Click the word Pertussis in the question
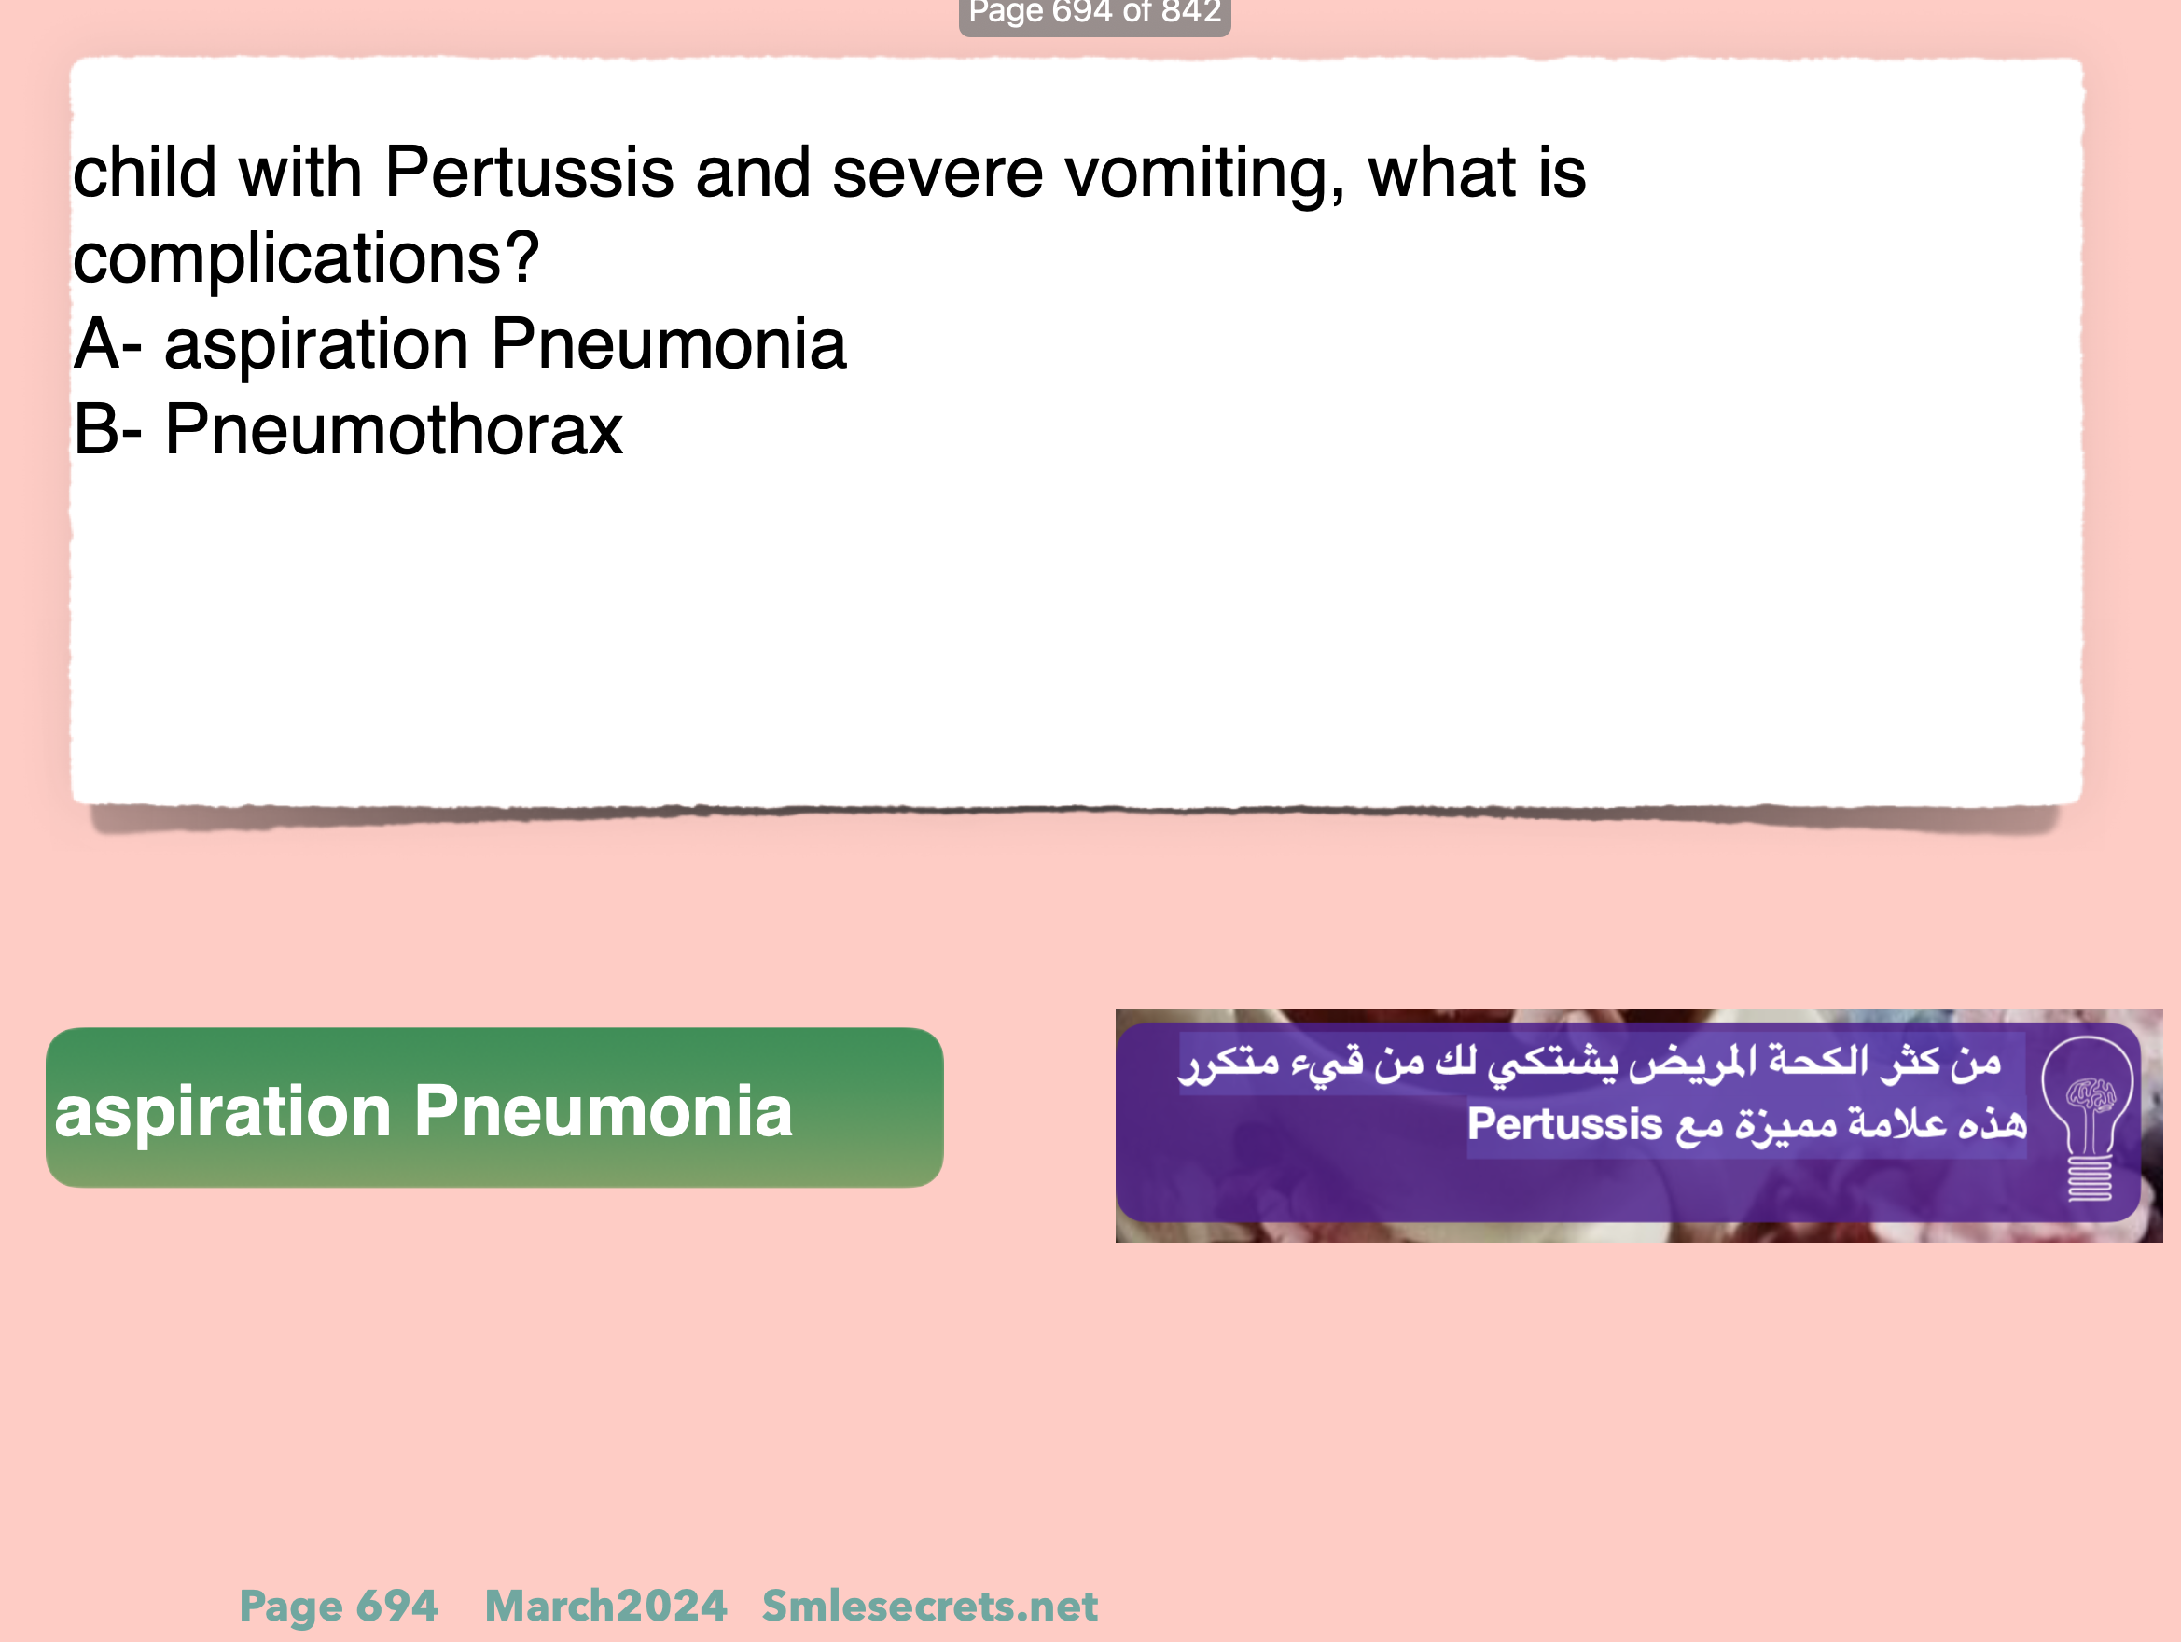point(529,173)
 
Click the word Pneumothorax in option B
point(394,430)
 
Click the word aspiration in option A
point(315,346)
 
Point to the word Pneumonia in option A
point(669,344)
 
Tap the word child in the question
point(144,173)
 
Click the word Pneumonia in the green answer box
point(604,1111)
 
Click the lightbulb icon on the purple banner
point(2089,1120)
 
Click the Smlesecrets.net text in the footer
point(930,1607)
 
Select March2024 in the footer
point(605,1607)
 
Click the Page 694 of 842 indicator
point(1094,13)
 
